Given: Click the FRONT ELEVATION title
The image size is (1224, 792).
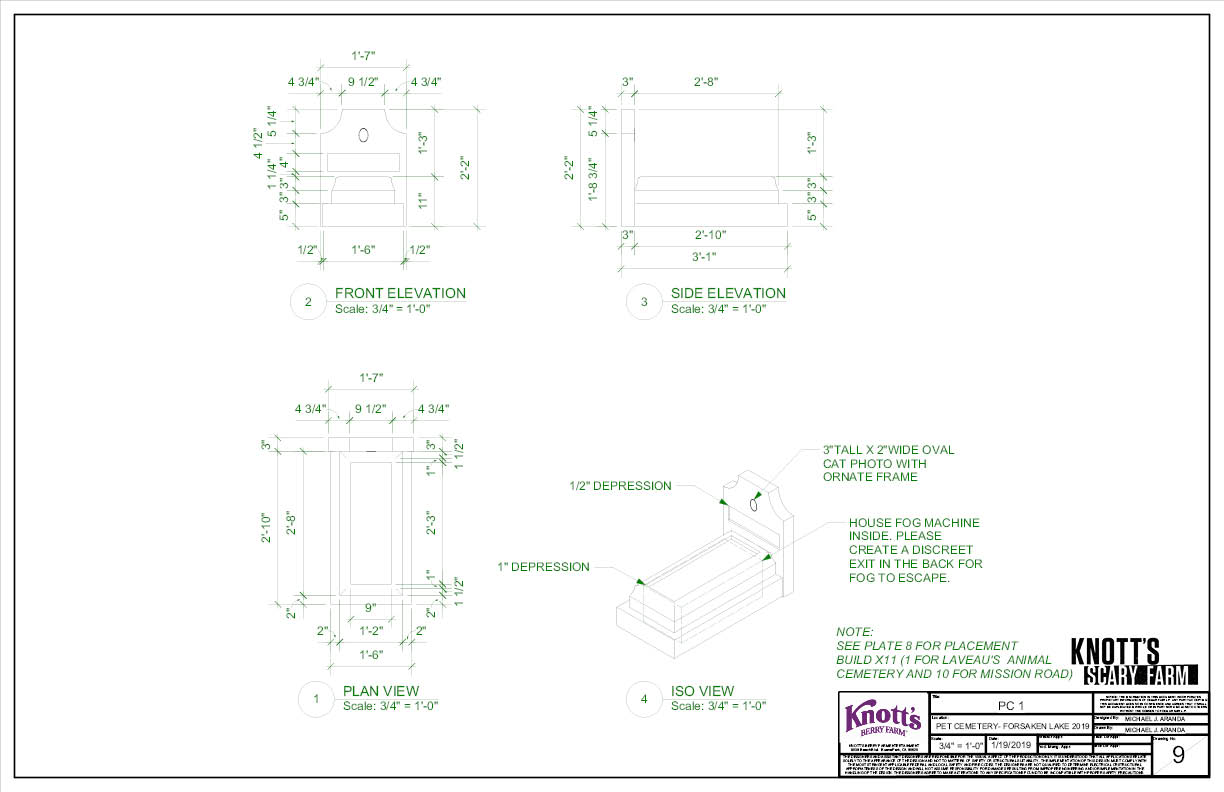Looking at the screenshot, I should point(400,293).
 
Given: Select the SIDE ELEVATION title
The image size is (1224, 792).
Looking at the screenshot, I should point(728,293).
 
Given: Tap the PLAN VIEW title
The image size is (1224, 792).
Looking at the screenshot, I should point(381,691).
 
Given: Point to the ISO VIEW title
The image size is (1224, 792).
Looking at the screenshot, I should point(702,691).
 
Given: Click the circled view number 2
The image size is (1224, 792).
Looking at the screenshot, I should point(308,302).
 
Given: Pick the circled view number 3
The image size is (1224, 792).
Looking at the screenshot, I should point(644,302).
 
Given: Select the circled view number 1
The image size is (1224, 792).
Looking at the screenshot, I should point(316,700).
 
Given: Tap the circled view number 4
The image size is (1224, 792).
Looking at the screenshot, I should point(644,700).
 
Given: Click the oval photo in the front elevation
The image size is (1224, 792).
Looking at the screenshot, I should point(363,134).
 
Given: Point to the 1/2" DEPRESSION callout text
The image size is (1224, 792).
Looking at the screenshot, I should point(620,486).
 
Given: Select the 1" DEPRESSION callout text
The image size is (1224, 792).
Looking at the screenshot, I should point(543,567).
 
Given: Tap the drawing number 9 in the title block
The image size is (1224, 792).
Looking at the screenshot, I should point(1178,755).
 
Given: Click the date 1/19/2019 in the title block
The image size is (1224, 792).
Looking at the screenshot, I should point(1011,745).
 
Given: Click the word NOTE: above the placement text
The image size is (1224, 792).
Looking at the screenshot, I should point(855,632).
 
